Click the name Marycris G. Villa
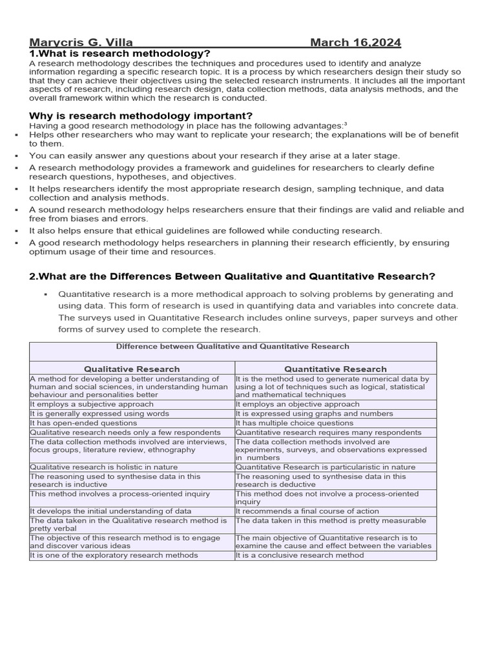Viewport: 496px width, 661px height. tap(81, 43)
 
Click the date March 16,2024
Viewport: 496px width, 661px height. tap(355, 43)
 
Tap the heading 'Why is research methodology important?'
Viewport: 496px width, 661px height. tap(132, 116)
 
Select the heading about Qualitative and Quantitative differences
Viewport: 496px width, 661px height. tap(232, 276)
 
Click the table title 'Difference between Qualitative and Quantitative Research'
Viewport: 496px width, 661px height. tap(232, 347)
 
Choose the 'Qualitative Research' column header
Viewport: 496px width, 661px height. tap(132, 369)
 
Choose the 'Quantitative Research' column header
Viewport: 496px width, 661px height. tap(335, 369)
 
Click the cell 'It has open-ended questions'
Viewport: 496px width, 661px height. tap(83, 423)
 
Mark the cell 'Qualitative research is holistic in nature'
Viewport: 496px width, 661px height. tap(103, 467)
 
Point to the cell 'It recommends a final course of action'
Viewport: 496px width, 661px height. tap(307, 511)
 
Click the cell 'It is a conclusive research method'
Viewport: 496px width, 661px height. tap(300, 555)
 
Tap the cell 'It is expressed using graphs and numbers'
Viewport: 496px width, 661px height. tap(314, 414)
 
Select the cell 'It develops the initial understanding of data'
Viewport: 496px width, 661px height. tap(110, 511)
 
